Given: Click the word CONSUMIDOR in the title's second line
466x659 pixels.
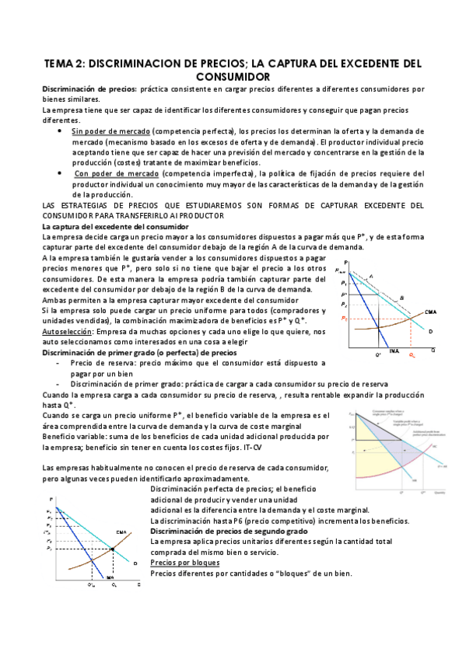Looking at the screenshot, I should (x=233, y=77).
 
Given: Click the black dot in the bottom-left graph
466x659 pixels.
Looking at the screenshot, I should (x=114, y=549).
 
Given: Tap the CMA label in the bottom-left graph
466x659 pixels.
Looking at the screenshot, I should (x=121, y=532).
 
